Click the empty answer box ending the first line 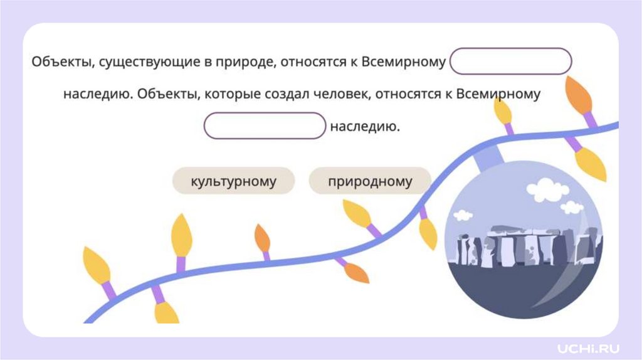pos(511,61)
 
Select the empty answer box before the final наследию pos(265,125)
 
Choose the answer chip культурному pos(233,181)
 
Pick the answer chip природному pos(370,181)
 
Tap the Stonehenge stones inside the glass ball pos(524,247)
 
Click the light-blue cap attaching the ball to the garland pos(485,161)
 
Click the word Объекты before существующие pos(58,63)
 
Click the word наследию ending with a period pos(365,126)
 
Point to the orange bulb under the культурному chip pos(262,239)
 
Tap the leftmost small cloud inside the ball pos(463,215)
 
